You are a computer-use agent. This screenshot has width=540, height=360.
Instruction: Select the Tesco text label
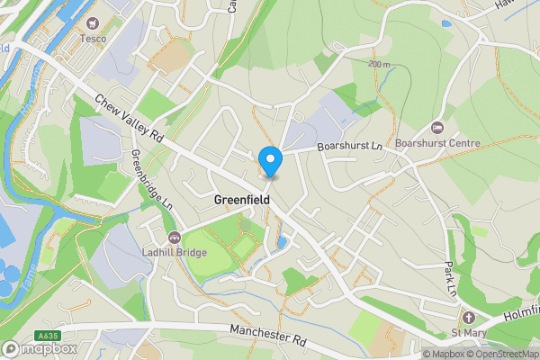pos(94,38)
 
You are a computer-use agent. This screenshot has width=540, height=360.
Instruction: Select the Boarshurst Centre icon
pos(436,127)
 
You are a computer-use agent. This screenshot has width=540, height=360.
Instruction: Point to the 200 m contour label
pos(379,65)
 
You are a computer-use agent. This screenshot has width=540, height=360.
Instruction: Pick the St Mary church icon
pos(467,318)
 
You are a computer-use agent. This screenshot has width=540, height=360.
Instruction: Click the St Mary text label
pos(468,334)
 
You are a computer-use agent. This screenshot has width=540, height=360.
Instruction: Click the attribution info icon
pos(416,354)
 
